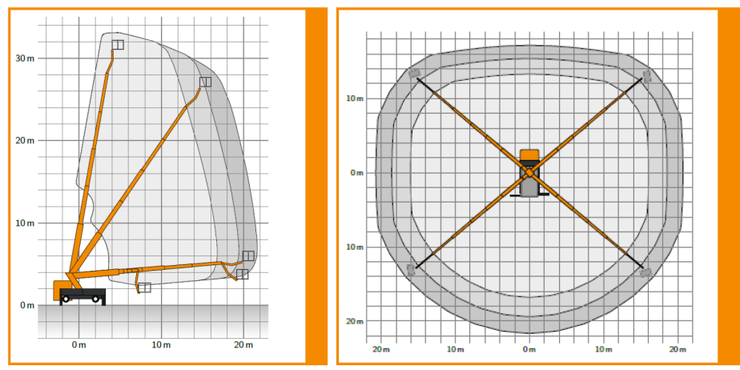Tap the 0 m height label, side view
[28, 305]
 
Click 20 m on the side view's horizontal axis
[243, 344]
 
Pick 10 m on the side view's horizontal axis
[161, 344]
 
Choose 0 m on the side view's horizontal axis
[78, 344]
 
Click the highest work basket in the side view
[118, 45]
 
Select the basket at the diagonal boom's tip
[205, 82]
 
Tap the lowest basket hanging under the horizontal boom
[144, 288]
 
